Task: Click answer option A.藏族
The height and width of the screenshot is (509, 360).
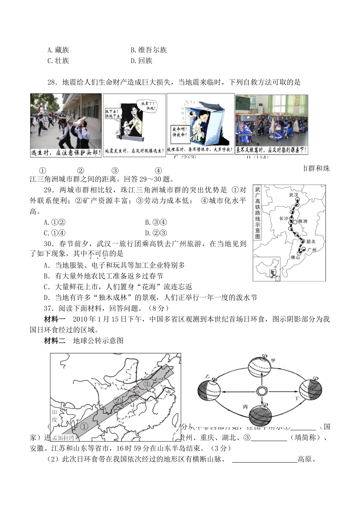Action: (x=58, y=50)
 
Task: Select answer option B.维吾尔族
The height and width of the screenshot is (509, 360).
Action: (x=149, y=50)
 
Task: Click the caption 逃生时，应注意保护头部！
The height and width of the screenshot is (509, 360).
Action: (x=66, y=152)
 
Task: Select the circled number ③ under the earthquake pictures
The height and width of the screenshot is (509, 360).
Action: (x=115, y=171)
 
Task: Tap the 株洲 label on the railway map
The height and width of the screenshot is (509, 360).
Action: (x=303, y=221)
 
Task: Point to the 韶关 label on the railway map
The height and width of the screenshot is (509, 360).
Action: (x=311, y=241)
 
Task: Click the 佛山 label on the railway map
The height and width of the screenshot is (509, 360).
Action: (x=295, y=257)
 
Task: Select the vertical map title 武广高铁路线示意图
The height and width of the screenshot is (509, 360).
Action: (x=258, y=212)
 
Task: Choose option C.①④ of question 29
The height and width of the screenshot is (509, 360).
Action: (x=55, y=233)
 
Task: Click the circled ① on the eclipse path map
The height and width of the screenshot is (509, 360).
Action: (x=84, y=426)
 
